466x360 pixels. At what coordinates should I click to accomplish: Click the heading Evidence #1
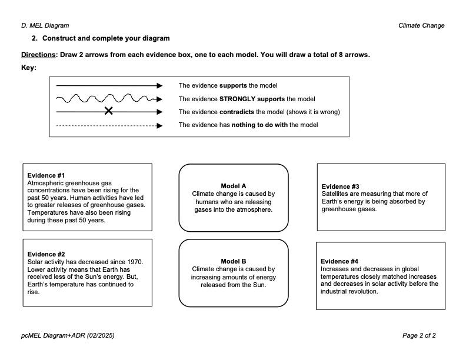(46, 175)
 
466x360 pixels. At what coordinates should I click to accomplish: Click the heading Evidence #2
(46, 254)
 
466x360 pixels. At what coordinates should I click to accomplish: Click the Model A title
(234, 186)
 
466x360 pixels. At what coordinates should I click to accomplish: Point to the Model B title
(234, 261)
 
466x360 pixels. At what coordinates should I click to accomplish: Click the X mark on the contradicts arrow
(108, 111)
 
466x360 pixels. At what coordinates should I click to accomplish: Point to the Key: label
(28, 68)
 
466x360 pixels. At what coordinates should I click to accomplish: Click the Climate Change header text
(421, 25)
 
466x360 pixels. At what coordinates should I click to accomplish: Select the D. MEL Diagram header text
(45, 25)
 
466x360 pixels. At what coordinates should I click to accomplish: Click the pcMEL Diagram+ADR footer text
(68, 335)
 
